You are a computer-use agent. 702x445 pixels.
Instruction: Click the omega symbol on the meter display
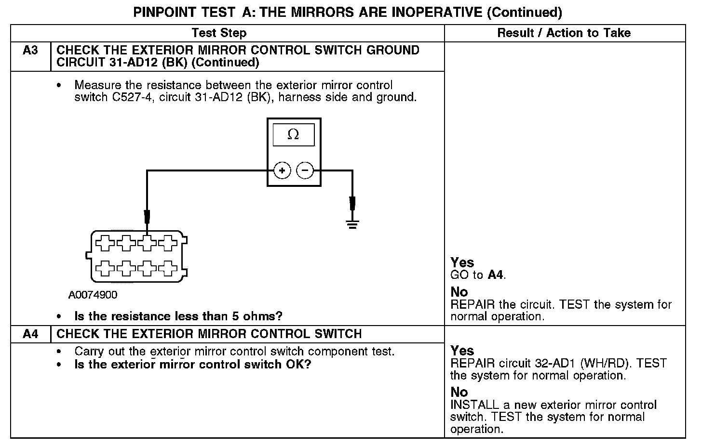[x=293, y=135]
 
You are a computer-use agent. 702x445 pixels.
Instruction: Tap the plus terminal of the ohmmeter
[x=282, y=170]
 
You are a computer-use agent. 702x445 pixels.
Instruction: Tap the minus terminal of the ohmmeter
[x=305, y=170]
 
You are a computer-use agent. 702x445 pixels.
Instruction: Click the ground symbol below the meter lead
[x=352, y=224]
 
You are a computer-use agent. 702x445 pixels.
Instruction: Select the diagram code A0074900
[x=93, y=295]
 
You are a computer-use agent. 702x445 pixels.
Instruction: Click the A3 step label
[x=30, y=51]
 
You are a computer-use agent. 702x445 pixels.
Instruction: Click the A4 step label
[x=30, y=334]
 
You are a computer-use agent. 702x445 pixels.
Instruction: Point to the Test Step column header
[x=219, y=33]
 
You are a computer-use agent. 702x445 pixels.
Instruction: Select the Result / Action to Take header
[x=564, y=33]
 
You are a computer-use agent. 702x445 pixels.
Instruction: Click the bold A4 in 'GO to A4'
[x=496, y=275]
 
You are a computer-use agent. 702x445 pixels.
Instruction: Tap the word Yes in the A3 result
[x=462, y=262]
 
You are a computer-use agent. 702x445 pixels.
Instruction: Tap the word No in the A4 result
[x=459, y=392]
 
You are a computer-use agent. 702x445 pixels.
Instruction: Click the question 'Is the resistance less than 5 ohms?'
[x=178, y=316]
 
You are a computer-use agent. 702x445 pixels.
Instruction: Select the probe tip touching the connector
[x=147, y=217]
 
